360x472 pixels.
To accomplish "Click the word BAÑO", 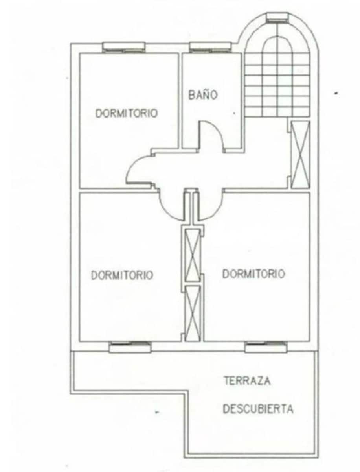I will point(202,95).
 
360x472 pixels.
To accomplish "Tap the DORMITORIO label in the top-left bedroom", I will point(127,113).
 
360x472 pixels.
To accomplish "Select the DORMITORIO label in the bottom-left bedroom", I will point(122,275).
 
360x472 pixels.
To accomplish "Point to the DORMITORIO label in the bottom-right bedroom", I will point(253,274).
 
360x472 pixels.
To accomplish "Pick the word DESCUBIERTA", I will point(258,409).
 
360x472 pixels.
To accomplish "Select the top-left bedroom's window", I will point(124,47).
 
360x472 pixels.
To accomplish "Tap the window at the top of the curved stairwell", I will point(278,17).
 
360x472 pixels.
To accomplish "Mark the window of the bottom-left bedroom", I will point(130,347).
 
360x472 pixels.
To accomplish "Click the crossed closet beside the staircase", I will point(301,155).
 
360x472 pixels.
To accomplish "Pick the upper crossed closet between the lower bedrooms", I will point(193,254).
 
